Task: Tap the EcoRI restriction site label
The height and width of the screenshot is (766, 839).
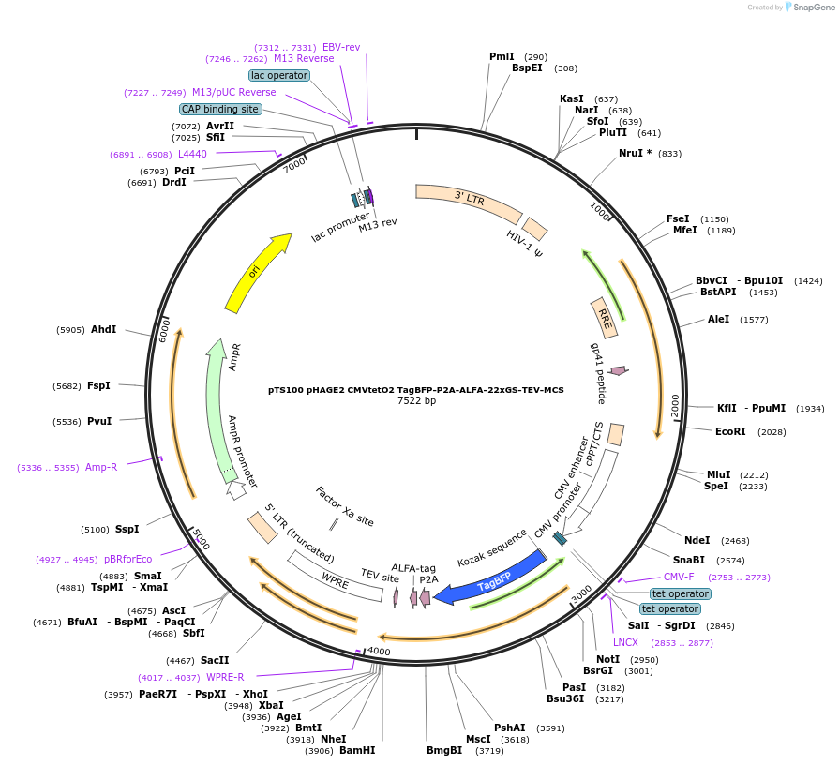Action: click(730, 431)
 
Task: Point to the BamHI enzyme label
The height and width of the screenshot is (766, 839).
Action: click(356, 750)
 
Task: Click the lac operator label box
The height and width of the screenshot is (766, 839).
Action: click(279, 75)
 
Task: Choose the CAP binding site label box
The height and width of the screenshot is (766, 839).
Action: click(220, 109)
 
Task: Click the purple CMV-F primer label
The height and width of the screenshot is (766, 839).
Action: click(679, 577)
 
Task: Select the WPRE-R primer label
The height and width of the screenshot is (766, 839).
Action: click(225, 677)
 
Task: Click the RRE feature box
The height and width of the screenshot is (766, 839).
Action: click(605, 317)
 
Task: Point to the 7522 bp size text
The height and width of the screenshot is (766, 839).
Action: click(416, 400)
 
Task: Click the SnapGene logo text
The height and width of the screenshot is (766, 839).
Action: click(813, 8)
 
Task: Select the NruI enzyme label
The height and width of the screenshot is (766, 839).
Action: click(635, 153)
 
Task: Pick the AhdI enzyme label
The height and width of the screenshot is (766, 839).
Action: click(103, 329)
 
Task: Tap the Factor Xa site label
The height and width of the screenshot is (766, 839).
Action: click(344, 506)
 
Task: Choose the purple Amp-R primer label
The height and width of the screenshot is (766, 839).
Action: click(101, 467)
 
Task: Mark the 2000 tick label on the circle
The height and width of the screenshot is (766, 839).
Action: click(674, 405)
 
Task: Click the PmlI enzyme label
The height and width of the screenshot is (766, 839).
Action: click(502, 56)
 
